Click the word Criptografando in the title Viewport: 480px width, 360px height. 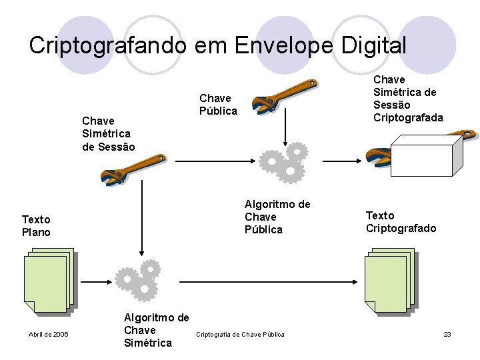point(109,45)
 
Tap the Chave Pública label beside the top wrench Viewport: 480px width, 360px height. point(218,105)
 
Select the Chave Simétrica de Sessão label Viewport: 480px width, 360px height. point(108,133)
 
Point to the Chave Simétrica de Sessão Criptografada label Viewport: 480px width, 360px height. point(408,99)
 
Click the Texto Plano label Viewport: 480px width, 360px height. point(36,225)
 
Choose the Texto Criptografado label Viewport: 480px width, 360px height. point(401,222)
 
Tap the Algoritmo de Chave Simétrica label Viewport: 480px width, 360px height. point(156,330)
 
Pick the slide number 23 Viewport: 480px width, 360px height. point(447,334)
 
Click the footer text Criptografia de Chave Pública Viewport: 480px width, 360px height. point(240,334)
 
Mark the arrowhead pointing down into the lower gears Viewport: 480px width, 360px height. point(140,252)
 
